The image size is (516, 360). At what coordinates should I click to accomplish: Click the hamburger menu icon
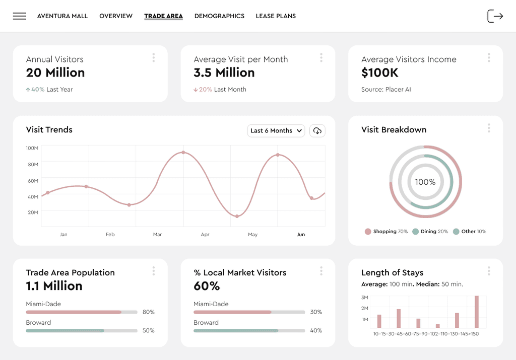[x=20, y=16]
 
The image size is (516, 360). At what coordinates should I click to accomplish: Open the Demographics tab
[x=219, y=16]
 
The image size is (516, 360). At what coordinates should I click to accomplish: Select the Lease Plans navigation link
[x=276, y=16]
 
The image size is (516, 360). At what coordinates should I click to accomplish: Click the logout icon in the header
[x=495, y=16]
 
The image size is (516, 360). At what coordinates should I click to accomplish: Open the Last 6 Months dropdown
[x=276, y=130]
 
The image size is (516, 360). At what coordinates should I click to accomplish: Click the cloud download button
[x=317, y=130]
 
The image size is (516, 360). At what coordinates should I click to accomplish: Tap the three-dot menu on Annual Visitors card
[x=154, y=58]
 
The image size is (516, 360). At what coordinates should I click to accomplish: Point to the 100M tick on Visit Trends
[x=32, y=148]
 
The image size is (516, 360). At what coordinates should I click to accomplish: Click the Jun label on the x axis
[x=301, y=235]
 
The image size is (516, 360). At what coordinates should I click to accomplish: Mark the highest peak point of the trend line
[x=183, y=153]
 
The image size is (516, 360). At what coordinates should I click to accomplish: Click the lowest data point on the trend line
[x=237, y=217]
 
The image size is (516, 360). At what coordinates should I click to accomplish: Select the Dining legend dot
[x=415, y=232]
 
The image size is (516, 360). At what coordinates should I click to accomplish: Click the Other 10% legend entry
[x=470, y=232]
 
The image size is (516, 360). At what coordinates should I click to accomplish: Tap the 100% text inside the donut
[x=425, y=182]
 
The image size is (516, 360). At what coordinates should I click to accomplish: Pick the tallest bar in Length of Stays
[x=477, y=312]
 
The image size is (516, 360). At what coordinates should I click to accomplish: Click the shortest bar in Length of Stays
[x=438, y=326]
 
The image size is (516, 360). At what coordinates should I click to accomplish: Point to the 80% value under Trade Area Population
[x=149, y=312]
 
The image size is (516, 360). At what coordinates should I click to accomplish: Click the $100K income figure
[x=380, y=73]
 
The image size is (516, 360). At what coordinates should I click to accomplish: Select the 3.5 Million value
[x=224, y=73]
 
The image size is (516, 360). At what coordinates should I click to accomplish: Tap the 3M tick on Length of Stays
[x=365, y=298]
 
